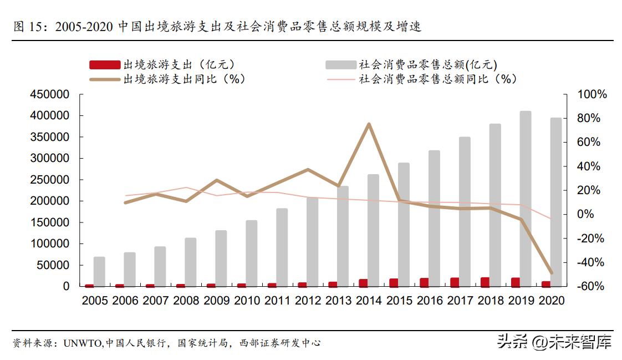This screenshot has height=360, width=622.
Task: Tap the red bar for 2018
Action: tap(485, 282)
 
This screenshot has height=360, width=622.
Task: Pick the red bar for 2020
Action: tap(546, 284)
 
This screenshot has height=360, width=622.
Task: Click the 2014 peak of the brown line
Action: tap(369, 124)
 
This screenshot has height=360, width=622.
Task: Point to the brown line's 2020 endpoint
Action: tap(552, 273)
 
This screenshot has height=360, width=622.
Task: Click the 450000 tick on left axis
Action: tap(50, 95)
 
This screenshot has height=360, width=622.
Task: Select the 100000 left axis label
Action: tap(50, 244)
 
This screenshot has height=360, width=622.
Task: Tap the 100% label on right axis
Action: tap(592, 95)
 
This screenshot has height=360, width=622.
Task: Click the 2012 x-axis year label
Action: tap(308, 301)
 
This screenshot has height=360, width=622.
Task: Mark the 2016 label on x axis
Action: tap(430, 301)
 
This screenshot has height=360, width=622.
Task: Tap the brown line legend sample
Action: tap(104, 79)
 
